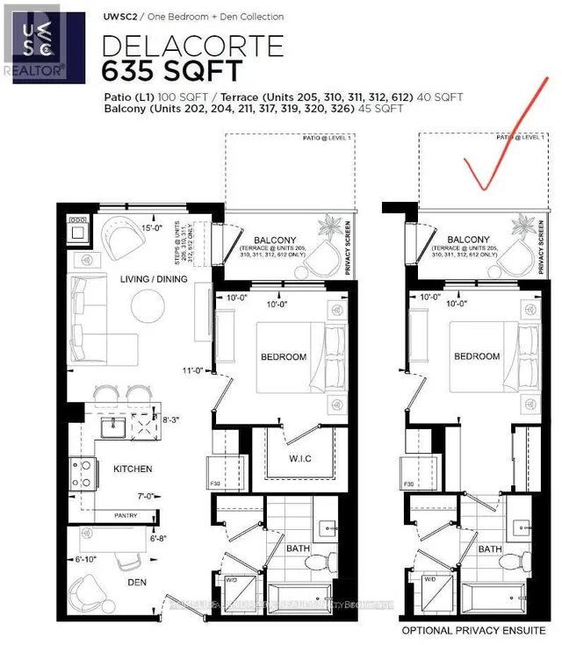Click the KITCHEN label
[133, 469]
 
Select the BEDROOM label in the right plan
[477, 356]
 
